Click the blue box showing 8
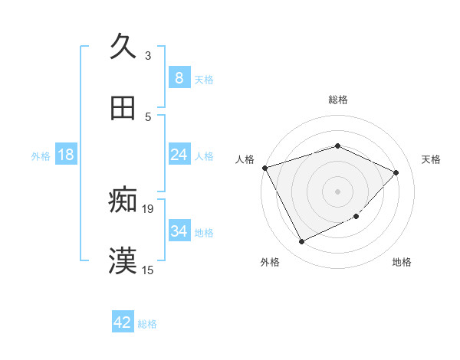[x=179, y=77]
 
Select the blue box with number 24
[x=179, y=155]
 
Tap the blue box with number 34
[x=179, y=231]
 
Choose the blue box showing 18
[x=66, y=155]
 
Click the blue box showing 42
[x=123, y=322]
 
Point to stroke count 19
[x=148, y=208]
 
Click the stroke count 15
[x=148, y=270]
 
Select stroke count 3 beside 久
[x=148, y=55]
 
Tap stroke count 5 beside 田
[x=148, y=116]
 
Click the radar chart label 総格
[x=338, y=100]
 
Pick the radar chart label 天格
[x=431, y=159]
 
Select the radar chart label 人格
[x=245, y=159]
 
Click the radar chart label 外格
[x=270, y=262]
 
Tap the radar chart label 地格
[x=402, y=262]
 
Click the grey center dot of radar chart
[x=337, y=191]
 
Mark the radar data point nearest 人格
[x=264, y=168]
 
